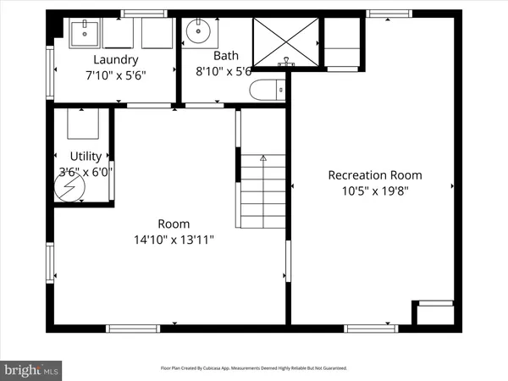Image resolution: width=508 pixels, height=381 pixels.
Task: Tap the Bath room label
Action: click(225, 56)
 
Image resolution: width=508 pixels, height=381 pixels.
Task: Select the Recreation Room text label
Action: click(375, 175)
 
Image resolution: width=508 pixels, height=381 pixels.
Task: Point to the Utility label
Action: click(86, 156)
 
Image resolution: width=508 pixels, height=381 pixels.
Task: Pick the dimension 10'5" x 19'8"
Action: click(375, 191)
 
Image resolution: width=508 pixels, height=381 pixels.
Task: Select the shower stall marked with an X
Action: click(288, 40)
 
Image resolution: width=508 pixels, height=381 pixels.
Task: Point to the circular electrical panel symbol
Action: click(65, 189)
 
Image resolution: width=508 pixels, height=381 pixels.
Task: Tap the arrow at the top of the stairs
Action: click(263, 157)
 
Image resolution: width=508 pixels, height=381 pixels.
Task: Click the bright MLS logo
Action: click(32, 369)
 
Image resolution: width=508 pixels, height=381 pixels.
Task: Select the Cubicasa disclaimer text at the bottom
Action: click(254, 368)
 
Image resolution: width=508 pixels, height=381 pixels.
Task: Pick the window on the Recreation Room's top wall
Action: click(384, 14)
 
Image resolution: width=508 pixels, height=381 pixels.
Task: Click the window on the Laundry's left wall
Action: click(50, 61)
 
